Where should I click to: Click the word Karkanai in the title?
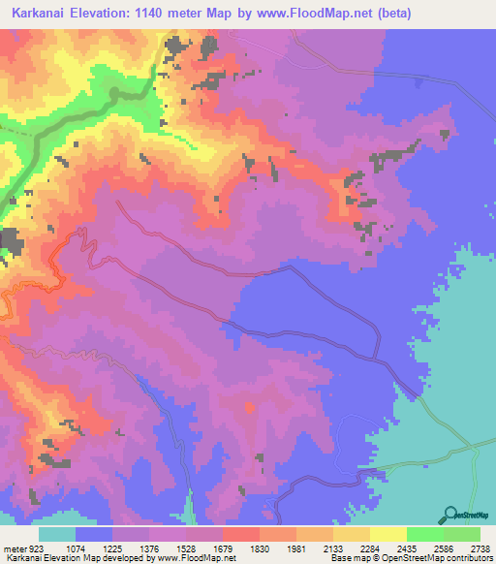click(35, 14)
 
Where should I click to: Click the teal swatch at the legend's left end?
click(57, 534)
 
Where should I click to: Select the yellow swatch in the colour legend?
click(388, 534)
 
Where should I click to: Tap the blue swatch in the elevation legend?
click(94, 534)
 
